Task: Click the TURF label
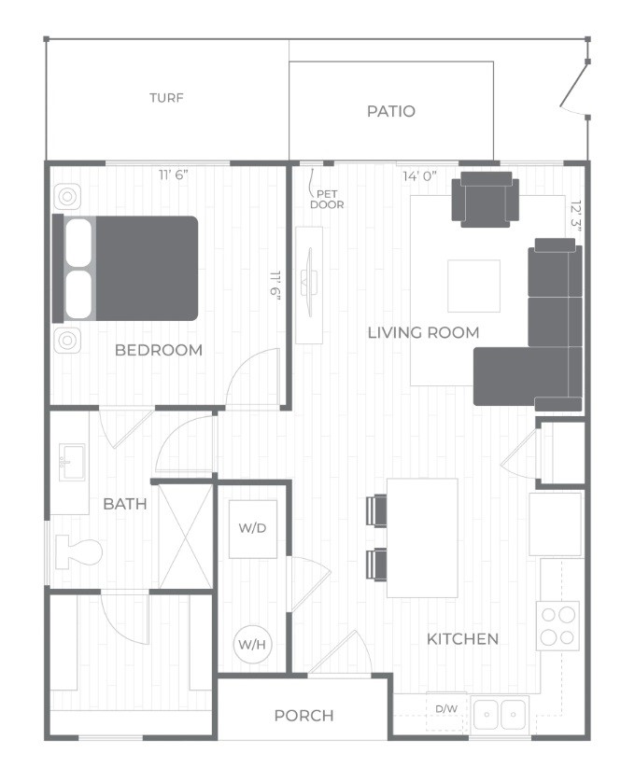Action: click(x=166, y=98)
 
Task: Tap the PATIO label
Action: click(x=390, y=111)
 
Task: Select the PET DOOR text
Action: click(x=327, y=200)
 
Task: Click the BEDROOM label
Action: click(x=159, y=350)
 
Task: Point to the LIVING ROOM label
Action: click(x=424, y=332)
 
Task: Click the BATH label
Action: click(x=125, y=503)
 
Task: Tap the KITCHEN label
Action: click(x=462, y=638)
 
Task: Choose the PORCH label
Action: click(x=304, y=715)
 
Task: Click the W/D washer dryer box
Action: click(x=253, y=529)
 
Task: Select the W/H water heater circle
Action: click(x=252, y=644)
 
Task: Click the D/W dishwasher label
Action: click(x=446, y=708)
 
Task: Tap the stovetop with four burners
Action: click(x=557, y=625)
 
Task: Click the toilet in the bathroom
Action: click(x=78, y=551)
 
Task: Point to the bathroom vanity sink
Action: click(x=72, y=462)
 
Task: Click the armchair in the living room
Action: click(x=486, y=199)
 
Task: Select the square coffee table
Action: click(x=474, y=286)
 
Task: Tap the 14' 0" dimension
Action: click(x=419, y=176)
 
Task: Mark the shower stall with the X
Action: click(x=186, y=536)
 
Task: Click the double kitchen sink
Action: click(x=500, y=714)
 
